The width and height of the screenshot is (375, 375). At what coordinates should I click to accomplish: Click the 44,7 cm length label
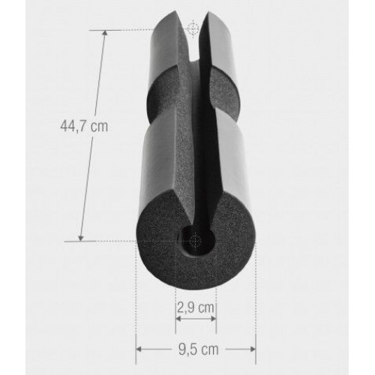tap(84, 126)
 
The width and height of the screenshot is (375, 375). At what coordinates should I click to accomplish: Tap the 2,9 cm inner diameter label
tap(196, 307)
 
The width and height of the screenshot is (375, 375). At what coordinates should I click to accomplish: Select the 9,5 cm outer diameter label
tap(199, 349)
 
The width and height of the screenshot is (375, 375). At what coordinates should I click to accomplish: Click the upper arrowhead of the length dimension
tap(105, 33)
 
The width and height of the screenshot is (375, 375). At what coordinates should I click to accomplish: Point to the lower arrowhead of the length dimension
tap(81, 238)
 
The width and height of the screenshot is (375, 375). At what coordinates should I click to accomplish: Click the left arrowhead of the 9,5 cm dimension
tap(139, 349)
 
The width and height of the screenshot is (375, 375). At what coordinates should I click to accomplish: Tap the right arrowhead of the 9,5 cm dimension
tap(253, 349)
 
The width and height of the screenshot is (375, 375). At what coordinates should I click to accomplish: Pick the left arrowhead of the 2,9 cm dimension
tap(178, 319)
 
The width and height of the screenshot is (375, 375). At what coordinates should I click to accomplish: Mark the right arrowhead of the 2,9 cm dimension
tap(213, 319)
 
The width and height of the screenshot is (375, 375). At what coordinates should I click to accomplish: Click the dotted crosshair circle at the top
tap(193, 29)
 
